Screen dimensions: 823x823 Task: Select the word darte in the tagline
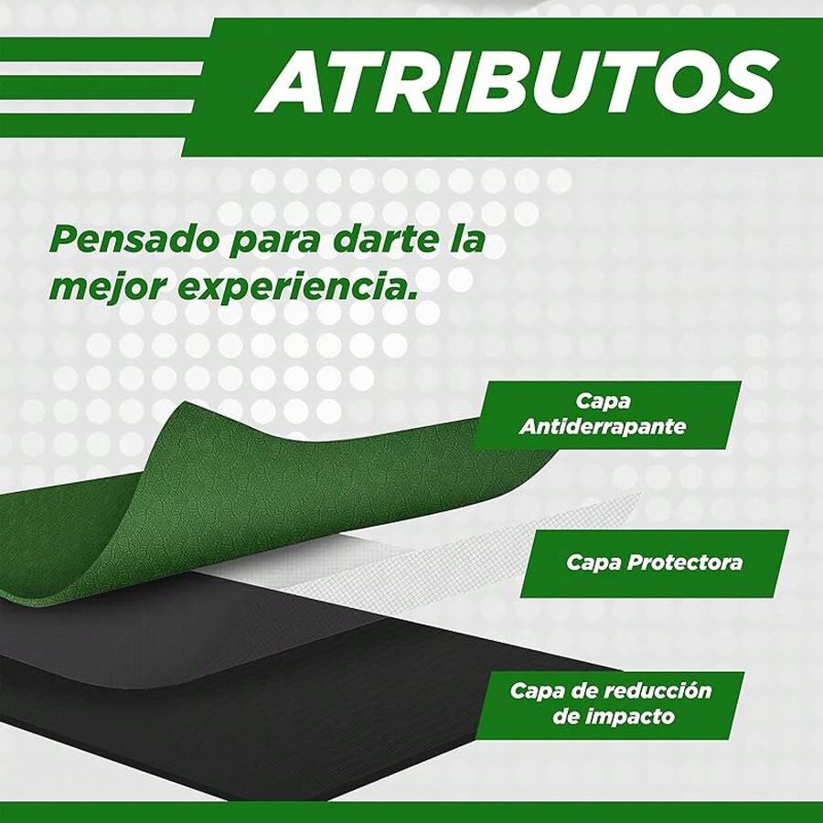370,240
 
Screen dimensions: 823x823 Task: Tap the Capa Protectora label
654,562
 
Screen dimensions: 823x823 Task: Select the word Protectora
685,562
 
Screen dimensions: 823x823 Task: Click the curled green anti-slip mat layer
229,494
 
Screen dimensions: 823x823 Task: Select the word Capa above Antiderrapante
603,401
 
